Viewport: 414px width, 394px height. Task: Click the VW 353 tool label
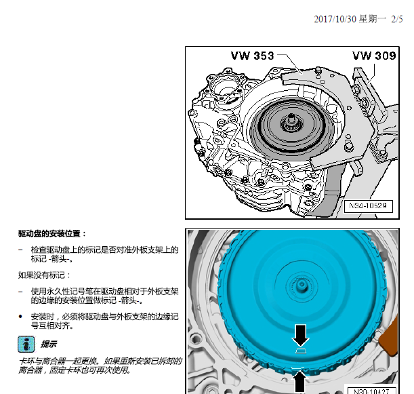point(252,56)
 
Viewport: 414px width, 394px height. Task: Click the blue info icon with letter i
point(26,344)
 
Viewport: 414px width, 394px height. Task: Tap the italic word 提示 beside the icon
point(48,344)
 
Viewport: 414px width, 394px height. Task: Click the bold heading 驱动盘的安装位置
point(52,234)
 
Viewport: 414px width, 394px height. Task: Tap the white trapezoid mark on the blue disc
point(302,352)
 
